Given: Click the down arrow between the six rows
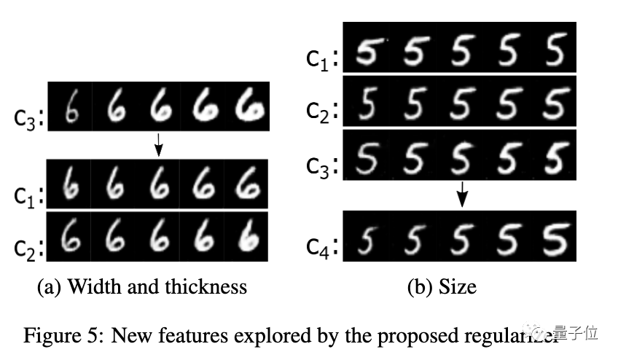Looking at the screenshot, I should click(x=158, y=148).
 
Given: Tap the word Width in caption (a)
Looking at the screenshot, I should click(x=92, y=286).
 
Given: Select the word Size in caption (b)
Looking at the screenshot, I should click(x=457, y=286).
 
